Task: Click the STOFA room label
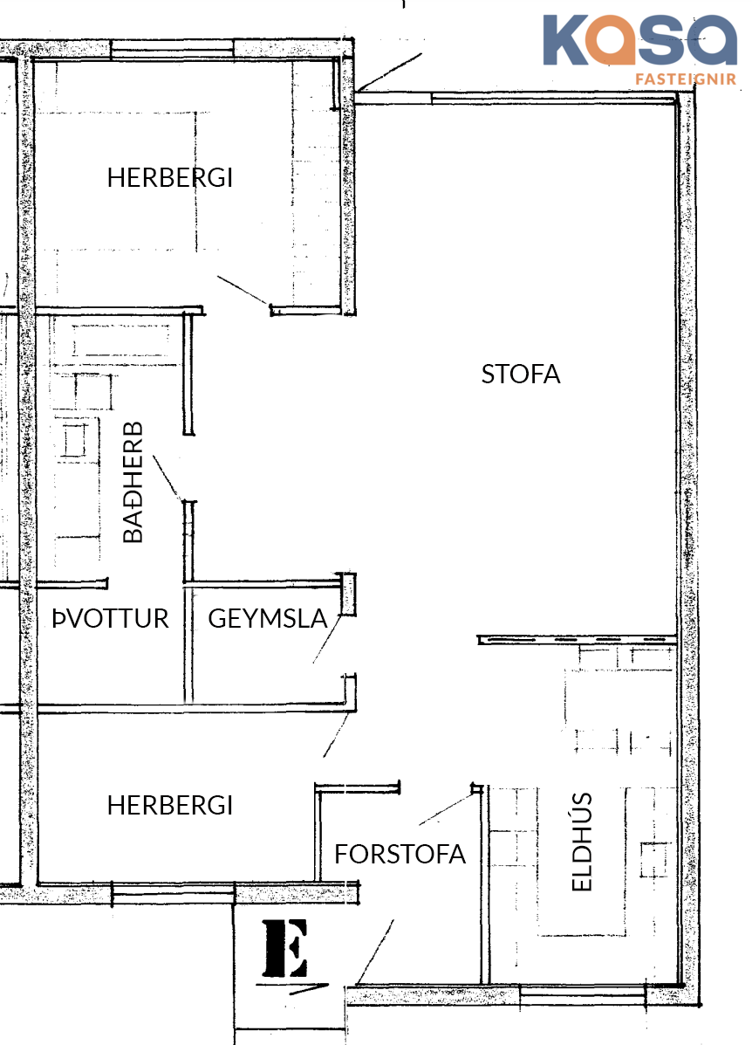521,375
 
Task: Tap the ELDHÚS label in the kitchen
582,842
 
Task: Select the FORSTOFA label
400,855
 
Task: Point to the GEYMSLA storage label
268,618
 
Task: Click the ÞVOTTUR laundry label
111,618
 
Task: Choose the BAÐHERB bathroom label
133,482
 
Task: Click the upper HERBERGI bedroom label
170,178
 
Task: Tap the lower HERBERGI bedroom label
170,806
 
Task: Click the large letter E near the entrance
285,948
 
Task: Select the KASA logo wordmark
640,40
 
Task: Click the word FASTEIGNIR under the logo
686,79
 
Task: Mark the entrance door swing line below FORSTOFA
375,952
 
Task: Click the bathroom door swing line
167,478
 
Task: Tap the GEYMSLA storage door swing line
327,639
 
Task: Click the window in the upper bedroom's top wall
172,49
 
